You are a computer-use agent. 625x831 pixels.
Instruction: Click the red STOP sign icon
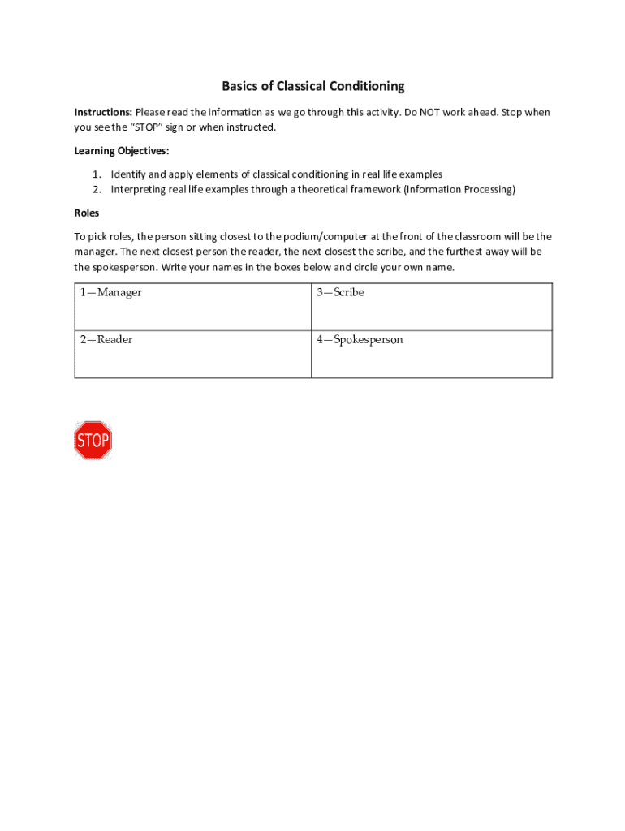[x=93, y=441]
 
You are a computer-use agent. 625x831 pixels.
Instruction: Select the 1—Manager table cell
[x=192, y=307]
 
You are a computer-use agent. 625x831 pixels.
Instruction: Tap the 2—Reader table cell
[x=192, y=354]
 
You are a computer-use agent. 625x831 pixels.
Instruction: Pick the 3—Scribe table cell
[x=431, y=307]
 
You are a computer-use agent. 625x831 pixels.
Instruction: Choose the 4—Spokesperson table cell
[x=431, y=354]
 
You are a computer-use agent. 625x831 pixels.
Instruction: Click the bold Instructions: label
[x=103, y=112]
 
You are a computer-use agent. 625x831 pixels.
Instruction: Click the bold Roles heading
[x=87, y=213]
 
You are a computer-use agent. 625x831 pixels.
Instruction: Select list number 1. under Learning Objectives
[x=97, y=174]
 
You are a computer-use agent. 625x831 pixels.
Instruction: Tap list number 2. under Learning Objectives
[x=97, y=189]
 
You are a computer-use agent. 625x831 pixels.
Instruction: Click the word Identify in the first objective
[x=127, y=174]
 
